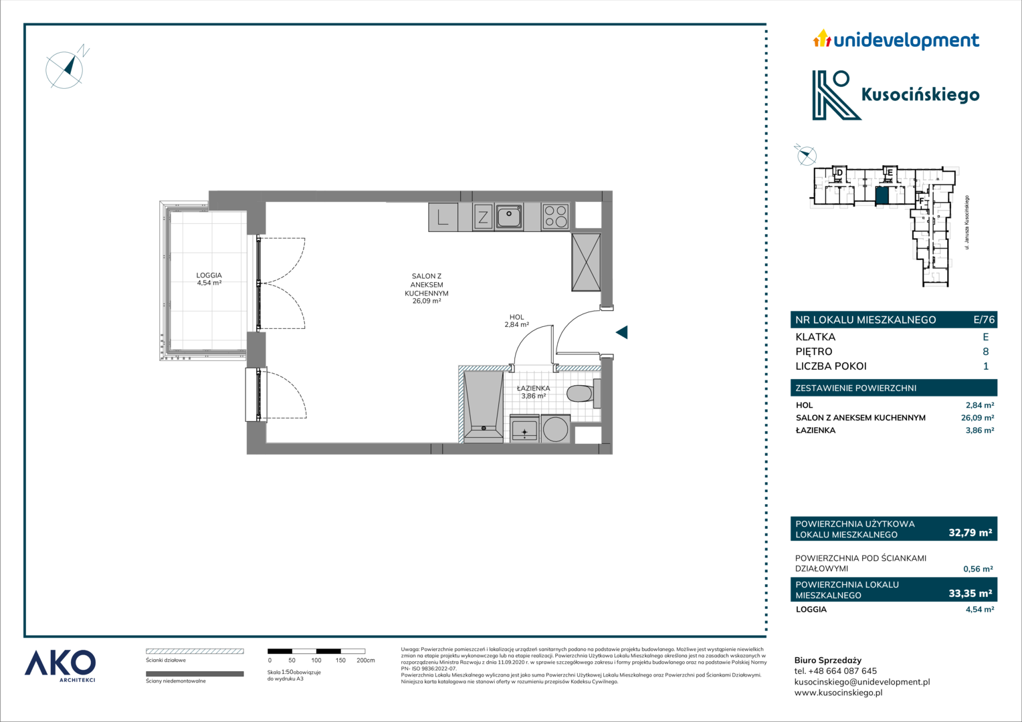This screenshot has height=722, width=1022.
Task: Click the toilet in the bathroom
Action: [582, 392]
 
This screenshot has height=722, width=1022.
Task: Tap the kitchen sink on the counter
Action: [510, 217]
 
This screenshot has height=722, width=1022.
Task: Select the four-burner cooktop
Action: [555, 216]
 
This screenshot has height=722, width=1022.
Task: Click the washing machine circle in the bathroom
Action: [556, 429]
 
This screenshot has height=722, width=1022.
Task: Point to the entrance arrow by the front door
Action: [622, 332]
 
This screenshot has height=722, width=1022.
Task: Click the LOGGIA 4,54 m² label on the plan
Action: [209, 279]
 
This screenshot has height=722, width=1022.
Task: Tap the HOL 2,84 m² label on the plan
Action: [516, 321]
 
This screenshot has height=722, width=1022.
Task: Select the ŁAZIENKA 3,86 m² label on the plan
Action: [533, 392]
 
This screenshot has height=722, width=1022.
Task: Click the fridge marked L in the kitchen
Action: [443, 217]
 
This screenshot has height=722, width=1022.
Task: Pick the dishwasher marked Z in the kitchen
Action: [483, 217]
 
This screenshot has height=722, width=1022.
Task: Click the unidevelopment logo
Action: [896, 40]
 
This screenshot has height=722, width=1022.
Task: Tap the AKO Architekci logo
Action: [60, 667]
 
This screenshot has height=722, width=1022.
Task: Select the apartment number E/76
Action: [984, 320]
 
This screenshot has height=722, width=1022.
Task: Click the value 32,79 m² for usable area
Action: [970, 532]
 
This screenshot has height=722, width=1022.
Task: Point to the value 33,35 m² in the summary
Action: [970, 593]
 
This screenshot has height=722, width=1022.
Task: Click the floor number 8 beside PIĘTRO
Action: [985, 351]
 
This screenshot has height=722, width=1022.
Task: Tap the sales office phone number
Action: [835, 671]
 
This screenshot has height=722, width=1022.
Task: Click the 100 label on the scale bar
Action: [316, 660]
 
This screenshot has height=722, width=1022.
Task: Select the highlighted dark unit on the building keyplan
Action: [882, 196]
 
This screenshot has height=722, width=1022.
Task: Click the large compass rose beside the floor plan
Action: [64, 70]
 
